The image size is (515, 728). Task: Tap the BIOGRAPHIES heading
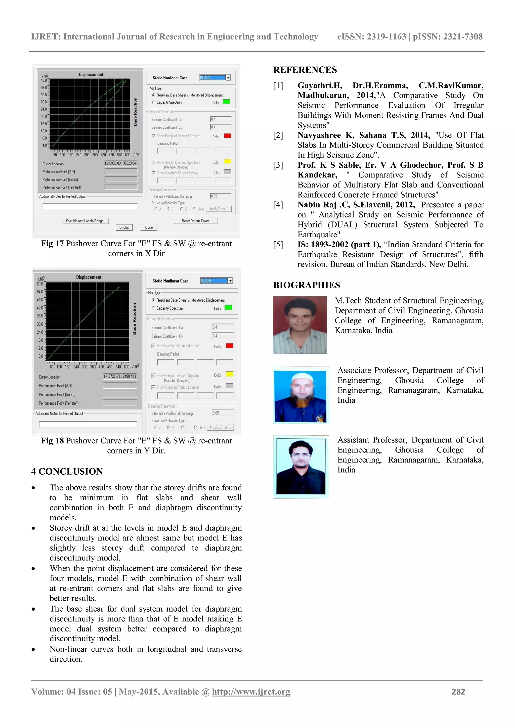pyautogui.click(x=306, y=285)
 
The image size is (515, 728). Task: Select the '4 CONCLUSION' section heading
pyautogui.click(x=67, y=472)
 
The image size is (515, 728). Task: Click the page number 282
pyautogui.click(x=458, y=692)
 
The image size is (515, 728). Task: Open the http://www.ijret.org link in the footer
pyautogui.click(x=251, y=692)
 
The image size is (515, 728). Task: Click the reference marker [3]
pyautogui.click(x=278, y=165)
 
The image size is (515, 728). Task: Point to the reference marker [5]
pyautogui.click(x=278, y=244)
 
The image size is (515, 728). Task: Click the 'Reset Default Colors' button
pyautogui.click(x=195, y=221)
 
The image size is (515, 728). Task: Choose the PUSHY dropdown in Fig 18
pyautogui.click(x=217, y=281)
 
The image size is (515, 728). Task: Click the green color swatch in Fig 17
pyautogui.click(x=226, y=102)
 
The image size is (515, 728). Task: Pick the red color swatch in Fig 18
pyautogui.click(x=229, y=346)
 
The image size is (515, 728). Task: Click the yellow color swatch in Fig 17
pyautogui.click(x=227, y=161)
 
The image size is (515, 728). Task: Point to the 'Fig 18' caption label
pyautogui.click(x=52, y=441)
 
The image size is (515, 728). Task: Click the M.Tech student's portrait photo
pyautogui.click(x=300, y=325)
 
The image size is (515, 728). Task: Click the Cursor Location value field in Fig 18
pyautogui.click(x=120, y=376)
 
